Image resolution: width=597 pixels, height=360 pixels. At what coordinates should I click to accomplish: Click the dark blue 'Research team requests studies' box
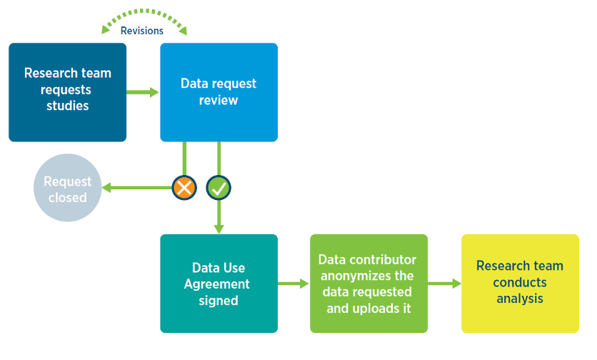[67, 91]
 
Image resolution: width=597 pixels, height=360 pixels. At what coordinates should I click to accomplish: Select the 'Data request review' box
[219, 91]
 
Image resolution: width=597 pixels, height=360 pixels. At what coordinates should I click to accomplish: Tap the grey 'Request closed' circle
[67, 188]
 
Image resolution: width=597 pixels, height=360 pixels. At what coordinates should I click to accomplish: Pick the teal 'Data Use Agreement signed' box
[219, 284]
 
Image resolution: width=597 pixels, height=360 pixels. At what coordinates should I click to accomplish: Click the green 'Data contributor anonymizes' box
[368, 284]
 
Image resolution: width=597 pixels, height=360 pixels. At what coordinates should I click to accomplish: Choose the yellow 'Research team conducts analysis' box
[520, 284]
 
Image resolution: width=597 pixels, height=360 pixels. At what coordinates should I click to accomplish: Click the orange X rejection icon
[184, 188]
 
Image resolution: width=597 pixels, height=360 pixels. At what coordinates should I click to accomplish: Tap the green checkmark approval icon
[219, 188]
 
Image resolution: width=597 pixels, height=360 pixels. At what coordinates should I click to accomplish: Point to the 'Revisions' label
[142, 31]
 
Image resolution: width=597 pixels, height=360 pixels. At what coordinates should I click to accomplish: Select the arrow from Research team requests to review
[143, 91]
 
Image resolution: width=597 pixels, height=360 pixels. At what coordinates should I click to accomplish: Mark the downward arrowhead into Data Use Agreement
[219, 228]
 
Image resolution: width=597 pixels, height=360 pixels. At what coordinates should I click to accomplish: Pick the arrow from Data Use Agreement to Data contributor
[294, 284]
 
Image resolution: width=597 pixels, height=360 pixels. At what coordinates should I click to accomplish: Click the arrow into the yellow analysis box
[444, 284]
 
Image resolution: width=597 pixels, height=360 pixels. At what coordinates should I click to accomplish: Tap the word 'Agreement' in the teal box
[217, 284]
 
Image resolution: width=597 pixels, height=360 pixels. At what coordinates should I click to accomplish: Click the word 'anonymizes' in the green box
[367, 276]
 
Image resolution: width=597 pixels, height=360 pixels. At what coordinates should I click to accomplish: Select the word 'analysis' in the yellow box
[520, 299]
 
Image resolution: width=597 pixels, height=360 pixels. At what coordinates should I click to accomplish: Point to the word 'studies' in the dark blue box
[67, 106]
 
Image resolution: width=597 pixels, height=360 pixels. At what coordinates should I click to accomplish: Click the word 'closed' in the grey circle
[67, 197]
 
